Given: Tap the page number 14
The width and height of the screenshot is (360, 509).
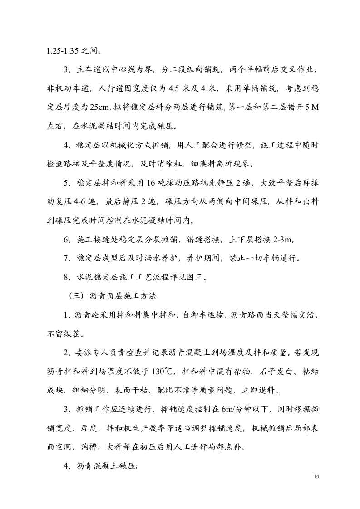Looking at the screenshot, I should [x=317, y=476].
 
